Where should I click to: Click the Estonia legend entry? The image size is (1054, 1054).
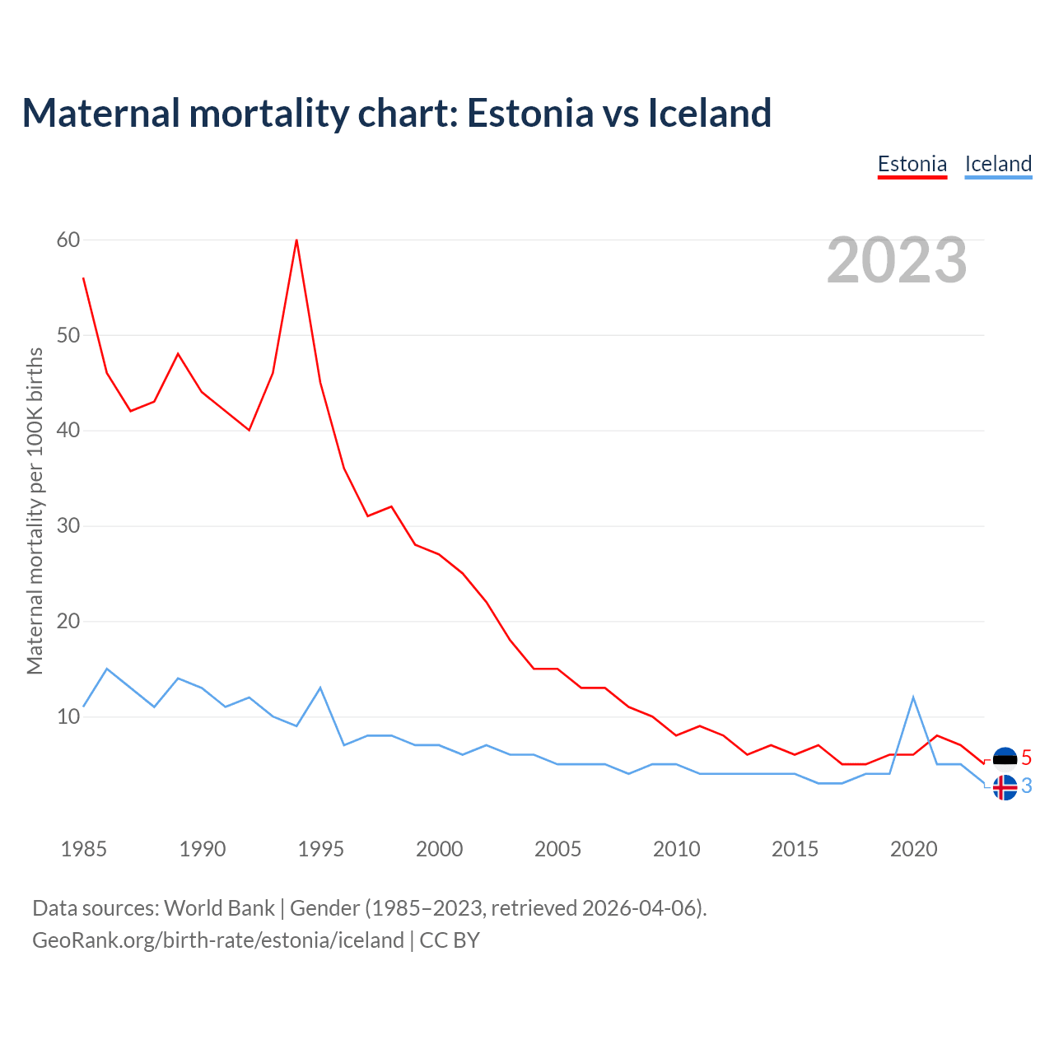click(x=912, y=164)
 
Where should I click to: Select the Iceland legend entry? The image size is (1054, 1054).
click(x=998, y=164)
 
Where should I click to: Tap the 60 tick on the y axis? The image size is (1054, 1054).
click(x=68, y=240)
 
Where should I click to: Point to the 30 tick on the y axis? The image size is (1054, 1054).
click(x=68, y=525)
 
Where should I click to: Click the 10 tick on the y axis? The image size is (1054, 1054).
click(x=68, y=716)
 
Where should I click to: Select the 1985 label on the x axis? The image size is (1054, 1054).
click(x=84, y=849)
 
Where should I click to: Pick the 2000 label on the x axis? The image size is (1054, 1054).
click(x=439, y=849)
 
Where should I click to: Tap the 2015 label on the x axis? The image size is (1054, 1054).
click(x=795, y=849)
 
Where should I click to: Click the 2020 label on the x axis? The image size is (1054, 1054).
click(x=913, y=849)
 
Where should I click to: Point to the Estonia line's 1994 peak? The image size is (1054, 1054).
click(x=296, y=240)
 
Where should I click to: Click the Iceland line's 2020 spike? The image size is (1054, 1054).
click(x=913, y=697)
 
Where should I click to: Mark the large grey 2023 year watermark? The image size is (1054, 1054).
click(x=897, y=260)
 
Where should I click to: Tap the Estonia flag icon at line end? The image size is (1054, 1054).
click(x=1005, y=758)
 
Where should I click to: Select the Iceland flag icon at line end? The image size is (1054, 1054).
click(x=1005, y=787)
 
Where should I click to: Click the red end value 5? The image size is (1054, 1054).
click(x=1026, y=758)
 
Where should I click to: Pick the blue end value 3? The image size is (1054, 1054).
click(x=1026, y=786)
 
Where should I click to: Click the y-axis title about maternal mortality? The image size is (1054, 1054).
click(x=35, y=511)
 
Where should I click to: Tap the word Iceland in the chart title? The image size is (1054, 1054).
click(x=710, y=113)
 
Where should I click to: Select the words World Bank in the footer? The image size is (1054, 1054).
click(x=219, y=908)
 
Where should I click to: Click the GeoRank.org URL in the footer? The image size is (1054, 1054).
click(x=218, y=940)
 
